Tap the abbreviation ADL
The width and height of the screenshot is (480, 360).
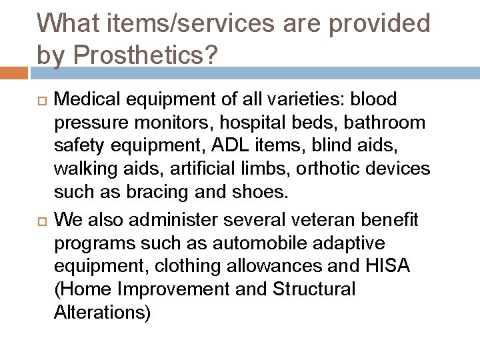[240, 146]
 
